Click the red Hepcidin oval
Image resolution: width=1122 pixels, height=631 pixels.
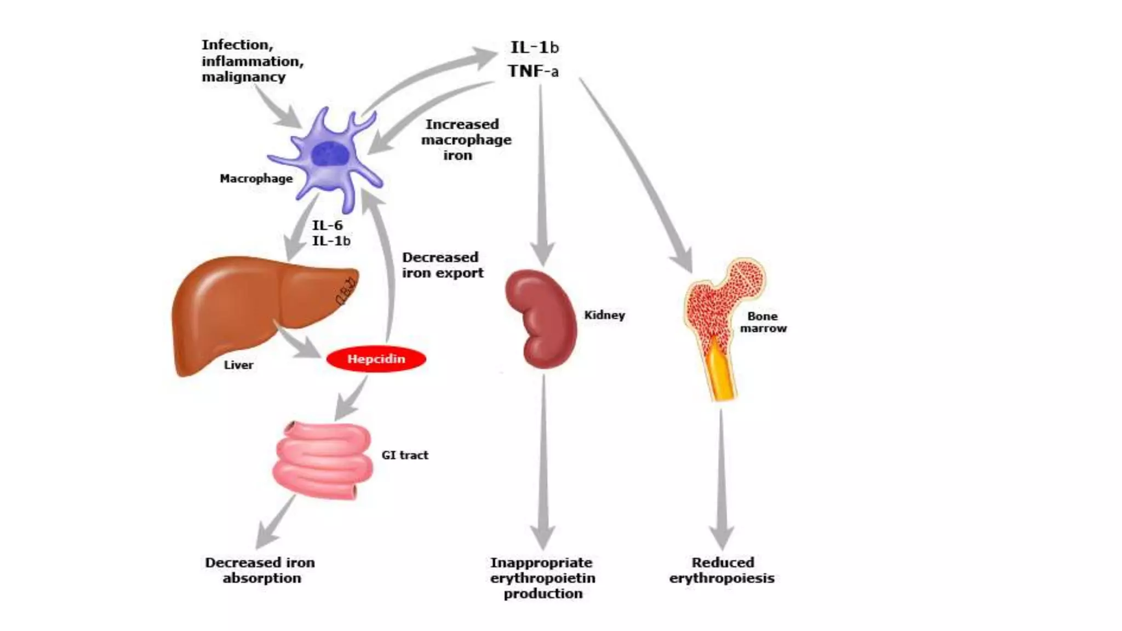click(x=376, y=359)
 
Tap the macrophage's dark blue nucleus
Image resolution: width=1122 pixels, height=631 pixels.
click(x=330, y=153)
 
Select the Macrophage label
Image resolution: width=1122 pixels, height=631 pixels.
click(x=256, y=179)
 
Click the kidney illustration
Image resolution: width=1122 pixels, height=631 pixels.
click(x=541, y=318)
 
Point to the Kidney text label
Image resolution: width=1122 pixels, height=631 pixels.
click(x=604, y=315)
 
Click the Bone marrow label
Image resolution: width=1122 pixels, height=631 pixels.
click(x=763, y=322)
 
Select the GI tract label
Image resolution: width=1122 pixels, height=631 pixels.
click(x=405, y=455)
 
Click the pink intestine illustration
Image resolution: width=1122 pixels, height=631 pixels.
click(x=323, y=460)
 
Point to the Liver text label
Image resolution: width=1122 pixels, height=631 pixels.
click(x=238, y=365)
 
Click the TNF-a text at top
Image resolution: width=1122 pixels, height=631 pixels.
click(x=533, y=71)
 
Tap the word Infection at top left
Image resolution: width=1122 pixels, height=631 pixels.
click(x=237, y=45)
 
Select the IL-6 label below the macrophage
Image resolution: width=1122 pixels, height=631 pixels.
click(x=327, y=225)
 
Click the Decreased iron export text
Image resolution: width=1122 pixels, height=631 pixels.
click(x=443, y=265)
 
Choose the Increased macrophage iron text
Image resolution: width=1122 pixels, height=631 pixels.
click(x=466, y=140)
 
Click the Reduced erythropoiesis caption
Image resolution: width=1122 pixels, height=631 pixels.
click(x=722, y=570)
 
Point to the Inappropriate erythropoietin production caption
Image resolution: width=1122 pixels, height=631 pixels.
click(x=542, y=578)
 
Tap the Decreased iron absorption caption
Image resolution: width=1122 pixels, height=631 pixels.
click(x=261, y=570)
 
